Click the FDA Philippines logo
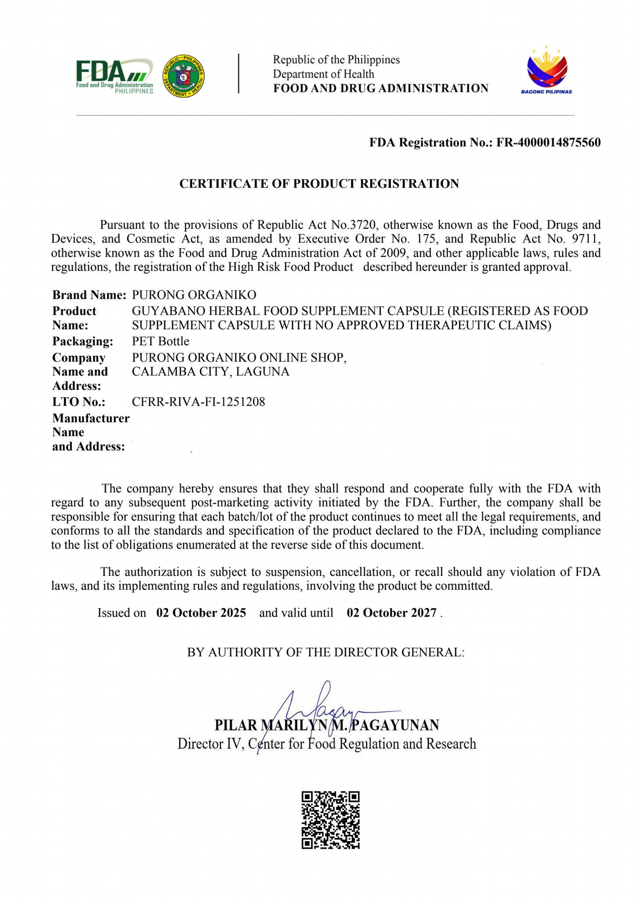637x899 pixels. point(115,76)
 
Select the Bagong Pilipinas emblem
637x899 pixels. point(547,70)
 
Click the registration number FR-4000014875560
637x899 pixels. point(548,143)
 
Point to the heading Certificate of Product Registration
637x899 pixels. point(319,183)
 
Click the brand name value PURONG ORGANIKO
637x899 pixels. point(194,295)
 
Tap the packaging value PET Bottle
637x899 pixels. point(161,341)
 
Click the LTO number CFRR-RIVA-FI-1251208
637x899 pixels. point(198,402)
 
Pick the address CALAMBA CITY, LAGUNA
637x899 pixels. point(211,372)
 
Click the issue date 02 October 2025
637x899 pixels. point(201,613)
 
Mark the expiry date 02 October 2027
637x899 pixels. point(392,613)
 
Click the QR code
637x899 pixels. point(331,820)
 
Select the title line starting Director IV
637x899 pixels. point(327,744)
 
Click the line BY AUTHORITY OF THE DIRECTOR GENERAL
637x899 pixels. point(326,652)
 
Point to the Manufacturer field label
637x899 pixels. point(91,418)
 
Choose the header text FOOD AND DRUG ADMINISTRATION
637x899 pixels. point(381,89)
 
